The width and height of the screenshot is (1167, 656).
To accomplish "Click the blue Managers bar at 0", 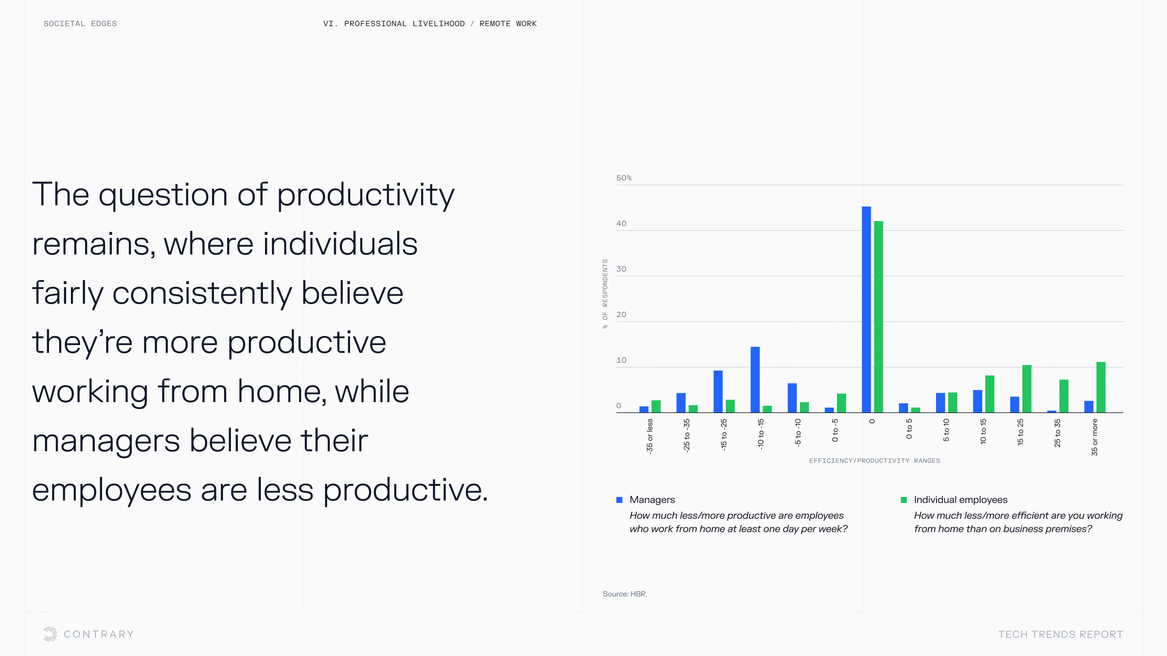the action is [866, 309].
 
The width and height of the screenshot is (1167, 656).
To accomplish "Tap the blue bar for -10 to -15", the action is [755, 379].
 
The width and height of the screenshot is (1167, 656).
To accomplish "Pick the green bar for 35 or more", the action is [1101, 387].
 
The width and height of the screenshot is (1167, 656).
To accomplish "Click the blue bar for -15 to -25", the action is [718, 391].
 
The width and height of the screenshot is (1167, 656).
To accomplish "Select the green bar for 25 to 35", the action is [1064, 396].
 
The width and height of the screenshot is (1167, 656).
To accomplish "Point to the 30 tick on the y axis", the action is [621, 269].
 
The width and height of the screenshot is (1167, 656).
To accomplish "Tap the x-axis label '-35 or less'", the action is [650, 437].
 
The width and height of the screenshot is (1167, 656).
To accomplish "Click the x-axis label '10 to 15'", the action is [983, 431].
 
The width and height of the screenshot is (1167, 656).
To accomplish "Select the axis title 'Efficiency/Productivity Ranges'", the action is [874, 460].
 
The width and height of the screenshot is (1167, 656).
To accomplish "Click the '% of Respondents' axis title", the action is [605, 294].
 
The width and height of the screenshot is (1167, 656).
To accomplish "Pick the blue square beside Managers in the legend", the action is [619, 500].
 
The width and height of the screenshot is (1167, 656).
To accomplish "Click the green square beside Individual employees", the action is [904, 500].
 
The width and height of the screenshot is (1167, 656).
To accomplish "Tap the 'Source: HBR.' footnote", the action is [625, 594].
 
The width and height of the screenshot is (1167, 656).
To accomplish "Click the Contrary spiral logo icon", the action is [50, 634].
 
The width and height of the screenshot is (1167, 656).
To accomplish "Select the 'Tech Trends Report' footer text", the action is [1060, 634].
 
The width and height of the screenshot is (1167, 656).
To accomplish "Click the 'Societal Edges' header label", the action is [80, 23].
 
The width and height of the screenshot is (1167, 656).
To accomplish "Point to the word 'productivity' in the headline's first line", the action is [365, 195].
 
